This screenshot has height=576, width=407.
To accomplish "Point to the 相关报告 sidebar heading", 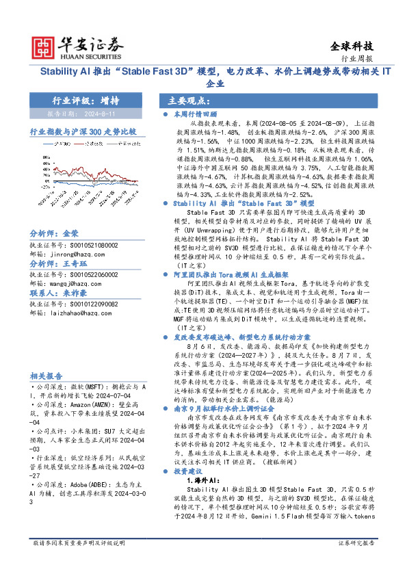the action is (47, 376).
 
